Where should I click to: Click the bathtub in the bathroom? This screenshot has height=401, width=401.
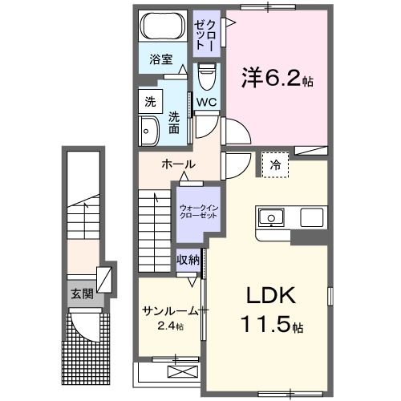[x=163, y=26]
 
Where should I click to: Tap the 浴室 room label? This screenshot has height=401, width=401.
[x=161, y=59]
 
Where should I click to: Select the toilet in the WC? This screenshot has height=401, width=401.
[x=207, y=76]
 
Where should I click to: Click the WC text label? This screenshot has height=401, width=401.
[x=207, y=102]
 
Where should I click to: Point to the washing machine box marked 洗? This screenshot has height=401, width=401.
[x=151, y=102]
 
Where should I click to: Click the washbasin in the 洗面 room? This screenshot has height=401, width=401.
[x=149, y=132]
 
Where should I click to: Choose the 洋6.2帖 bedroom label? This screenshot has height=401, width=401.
[x=277, y=77]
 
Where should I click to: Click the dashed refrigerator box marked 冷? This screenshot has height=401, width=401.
[x=275, y=164]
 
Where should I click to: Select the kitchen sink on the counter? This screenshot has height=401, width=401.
[x=271, y=218]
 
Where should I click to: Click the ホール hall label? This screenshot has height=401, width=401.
[x=179, y=164]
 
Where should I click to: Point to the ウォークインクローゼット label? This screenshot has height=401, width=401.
[x=199, y=212]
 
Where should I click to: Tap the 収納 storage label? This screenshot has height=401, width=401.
[x=188, y=259]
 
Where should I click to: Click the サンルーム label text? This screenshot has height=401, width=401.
[x=171, y=311]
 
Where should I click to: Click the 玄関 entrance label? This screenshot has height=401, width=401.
[x=82, y=294]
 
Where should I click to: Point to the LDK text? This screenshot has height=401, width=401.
[x=270, y=295]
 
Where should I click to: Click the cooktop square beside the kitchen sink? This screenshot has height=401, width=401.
[x=312, y=217]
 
